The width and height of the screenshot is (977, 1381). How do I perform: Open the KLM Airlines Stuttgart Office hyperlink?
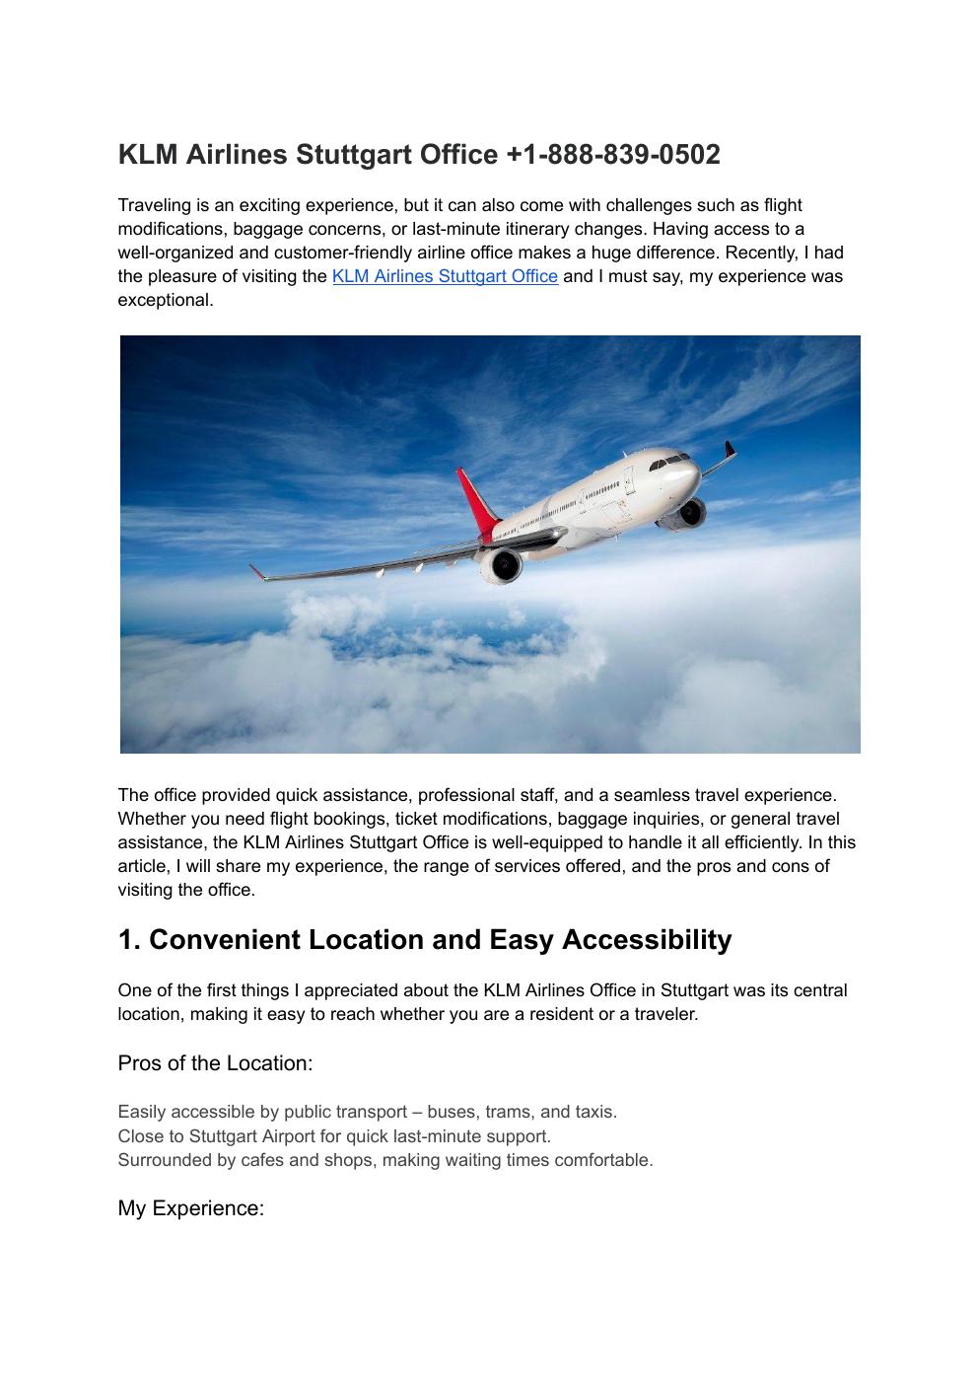pos(445,277)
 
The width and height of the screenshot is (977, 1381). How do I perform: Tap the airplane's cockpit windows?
pos(672,459)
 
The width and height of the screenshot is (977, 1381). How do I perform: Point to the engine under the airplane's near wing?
pos(502,564)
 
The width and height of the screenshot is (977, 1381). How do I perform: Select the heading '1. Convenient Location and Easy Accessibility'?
pos(424,940)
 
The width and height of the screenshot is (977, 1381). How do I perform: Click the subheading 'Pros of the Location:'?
pos(215,1063)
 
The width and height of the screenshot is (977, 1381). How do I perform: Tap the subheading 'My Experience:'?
pos(190,1208)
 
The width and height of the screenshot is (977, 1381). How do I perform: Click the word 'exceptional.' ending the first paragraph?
pos(165,301)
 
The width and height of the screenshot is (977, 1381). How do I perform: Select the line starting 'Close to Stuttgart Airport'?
pos(334,1136)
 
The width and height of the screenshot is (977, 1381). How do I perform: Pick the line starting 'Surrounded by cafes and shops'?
pos(384,1160)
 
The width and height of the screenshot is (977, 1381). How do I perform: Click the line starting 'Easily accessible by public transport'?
pos(367,1113)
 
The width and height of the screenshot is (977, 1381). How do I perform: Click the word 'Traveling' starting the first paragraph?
pos(156,206)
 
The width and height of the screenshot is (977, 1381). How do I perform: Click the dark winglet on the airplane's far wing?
pos(730,451)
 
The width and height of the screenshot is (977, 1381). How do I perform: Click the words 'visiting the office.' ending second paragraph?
pos(186,890)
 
